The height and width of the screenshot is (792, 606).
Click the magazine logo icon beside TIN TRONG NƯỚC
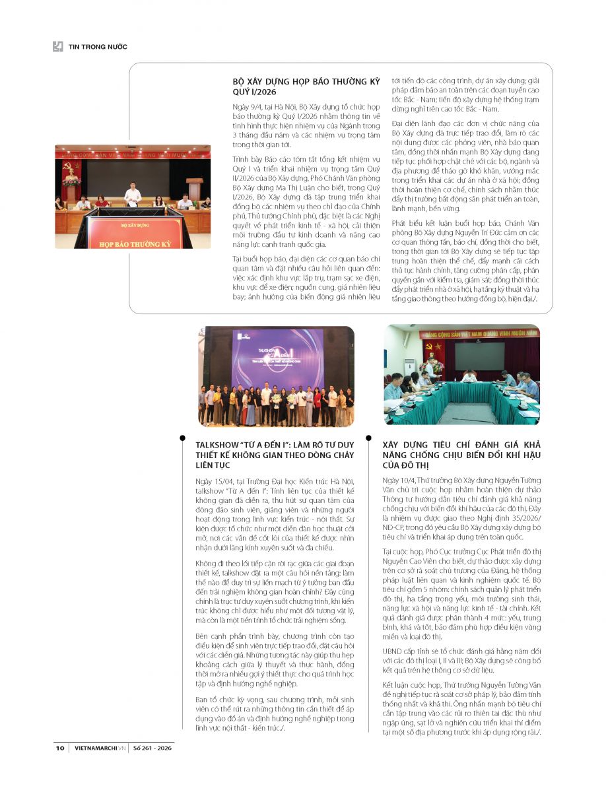click(58, 46)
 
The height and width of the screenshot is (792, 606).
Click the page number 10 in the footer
click(59, 748)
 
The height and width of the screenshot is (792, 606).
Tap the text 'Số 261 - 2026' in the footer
click(152, 748)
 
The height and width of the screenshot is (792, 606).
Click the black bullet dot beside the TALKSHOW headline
click(181, 438)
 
